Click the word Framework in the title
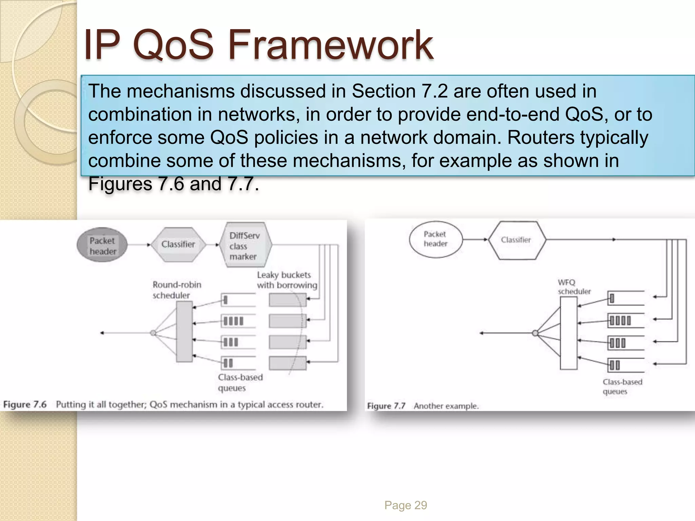point(331,45)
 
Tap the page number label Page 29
point(406,505)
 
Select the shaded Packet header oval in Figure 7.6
point(102,245)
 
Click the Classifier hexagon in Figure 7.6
point(178,244)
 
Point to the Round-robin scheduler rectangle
point(185,332)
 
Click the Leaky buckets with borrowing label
point(287,280)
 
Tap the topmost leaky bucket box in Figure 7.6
point(287,300)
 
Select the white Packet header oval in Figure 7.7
point(436,239)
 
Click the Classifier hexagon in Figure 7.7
point(516,240)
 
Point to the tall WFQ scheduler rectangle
point(568,333)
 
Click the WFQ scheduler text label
point(574,287)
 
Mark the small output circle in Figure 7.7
point(535,333)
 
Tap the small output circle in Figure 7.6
point(153,333)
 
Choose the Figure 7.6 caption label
point(25,404)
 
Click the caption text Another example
point(446,406)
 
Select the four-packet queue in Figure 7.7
point(625,321)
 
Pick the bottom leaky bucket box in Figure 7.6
point(287,363)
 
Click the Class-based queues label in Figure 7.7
point(622,387)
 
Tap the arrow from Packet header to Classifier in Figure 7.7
point(475,239)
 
